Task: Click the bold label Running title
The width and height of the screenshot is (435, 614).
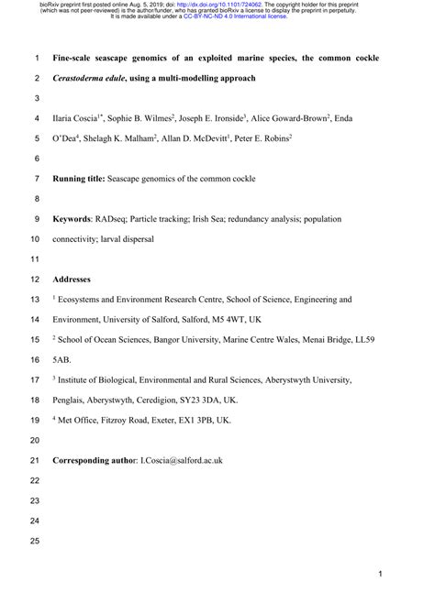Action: coord(79,179)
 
